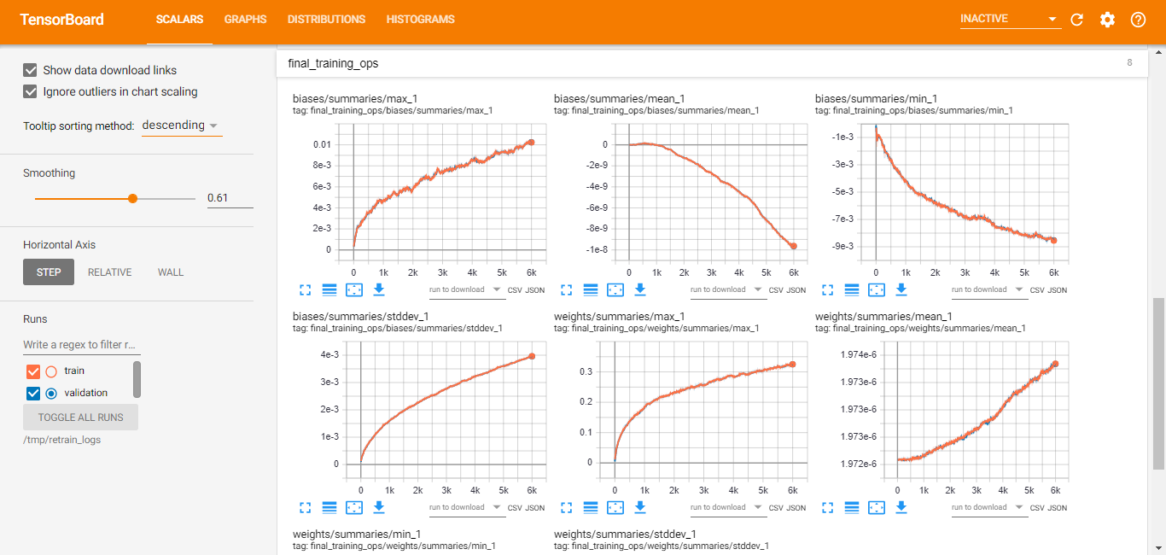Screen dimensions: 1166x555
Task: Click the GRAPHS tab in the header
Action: pos(245,20)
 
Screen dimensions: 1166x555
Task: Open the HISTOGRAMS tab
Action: pos(420,20)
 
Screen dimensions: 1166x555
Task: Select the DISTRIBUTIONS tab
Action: pos(326,20)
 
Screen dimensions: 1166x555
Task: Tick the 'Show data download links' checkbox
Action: pos(30,70)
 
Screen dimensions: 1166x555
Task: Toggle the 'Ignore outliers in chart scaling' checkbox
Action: pos(30,91)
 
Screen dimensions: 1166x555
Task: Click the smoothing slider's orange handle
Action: pos(133,198)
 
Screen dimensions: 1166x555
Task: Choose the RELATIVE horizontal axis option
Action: pos(110,272)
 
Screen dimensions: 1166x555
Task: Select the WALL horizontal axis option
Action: pos(171,272)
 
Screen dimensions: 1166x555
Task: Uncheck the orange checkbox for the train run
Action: pos(33,371)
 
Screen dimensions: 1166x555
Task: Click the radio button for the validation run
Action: pos(51,394)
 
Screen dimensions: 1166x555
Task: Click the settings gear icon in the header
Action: pos(1107,20)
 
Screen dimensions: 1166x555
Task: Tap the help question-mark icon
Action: pos(1138,20)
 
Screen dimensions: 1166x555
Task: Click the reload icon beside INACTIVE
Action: pos(1076,20)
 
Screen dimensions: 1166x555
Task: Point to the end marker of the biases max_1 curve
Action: pos(532,142)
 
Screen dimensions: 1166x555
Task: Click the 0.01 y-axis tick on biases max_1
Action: pos(322,144)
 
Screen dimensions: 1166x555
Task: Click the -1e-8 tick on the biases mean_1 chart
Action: pos(597,249)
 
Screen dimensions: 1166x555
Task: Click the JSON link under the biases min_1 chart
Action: pos(1058,290)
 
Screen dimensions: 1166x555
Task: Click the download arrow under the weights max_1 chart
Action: pos(640,506)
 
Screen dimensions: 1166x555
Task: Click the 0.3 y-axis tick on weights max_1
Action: pos(586,371)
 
